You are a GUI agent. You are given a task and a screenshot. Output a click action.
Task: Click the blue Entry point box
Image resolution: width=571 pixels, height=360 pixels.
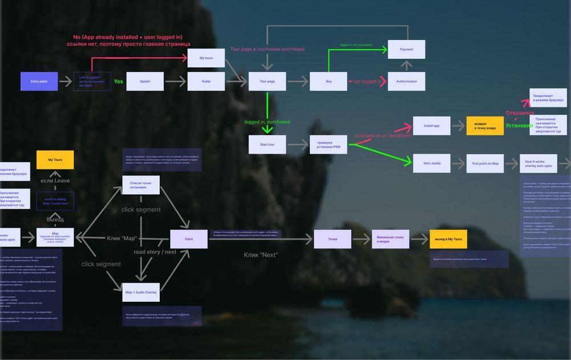click(x=39, y=82)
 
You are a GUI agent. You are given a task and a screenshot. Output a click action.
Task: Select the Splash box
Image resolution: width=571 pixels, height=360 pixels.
click(x=145, y=82)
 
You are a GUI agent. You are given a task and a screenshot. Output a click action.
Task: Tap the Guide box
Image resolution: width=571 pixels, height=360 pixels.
click(x=206, y=82)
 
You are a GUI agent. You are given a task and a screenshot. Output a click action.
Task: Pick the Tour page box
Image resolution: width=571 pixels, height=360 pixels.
click(x=267, y=82)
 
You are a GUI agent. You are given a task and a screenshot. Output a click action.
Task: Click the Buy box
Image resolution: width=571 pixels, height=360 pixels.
click(x=329, y=82)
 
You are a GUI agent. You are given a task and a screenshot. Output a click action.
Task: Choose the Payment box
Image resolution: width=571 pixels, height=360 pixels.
click(x=407, y=50)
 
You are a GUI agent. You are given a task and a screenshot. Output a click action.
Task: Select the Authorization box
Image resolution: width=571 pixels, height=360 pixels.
click(x=407, y=82)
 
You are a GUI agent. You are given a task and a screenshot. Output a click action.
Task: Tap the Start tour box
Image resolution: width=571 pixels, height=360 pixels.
click(x=267, y=145)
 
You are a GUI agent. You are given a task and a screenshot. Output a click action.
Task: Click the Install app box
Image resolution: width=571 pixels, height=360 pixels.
click(x=432, y=126)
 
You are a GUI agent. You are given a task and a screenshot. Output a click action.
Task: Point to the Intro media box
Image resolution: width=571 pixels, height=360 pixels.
click(x=432, y=163)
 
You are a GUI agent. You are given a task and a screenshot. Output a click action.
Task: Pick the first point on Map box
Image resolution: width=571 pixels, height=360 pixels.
click(x=485, y=163)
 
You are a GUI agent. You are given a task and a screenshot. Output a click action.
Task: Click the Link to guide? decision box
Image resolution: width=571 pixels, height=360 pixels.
click(x=92, y=82)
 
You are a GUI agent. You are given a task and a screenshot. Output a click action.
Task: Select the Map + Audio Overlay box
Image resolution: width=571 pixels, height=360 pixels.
click(x=140, y=293)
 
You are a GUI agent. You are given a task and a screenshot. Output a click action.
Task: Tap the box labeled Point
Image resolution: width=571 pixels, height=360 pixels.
click(x=189, y=239)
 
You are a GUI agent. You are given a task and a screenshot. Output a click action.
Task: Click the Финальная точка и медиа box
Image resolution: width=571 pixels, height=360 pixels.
click(x=391, y=239)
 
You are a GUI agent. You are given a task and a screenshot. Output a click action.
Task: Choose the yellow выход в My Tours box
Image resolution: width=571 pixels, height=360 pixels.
click(x=448, y=239)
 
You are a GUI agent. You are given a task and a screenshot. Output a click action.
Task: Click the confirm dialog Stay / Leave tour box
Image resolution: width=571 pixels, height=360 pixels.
click(x=55, y=201)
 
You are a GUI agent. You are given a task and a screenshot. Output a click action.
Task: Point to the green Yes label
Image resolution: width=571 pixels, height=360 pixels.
click(x=118, y=82)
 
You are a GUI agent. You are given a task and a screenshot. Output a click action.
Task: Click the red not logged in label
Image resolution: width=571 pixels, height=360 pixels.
click(x=367, y=82)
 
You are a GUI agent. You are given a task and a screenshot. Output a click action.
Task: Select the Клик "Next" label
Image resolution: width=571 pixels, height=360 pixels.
click(x=261, y=255)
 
